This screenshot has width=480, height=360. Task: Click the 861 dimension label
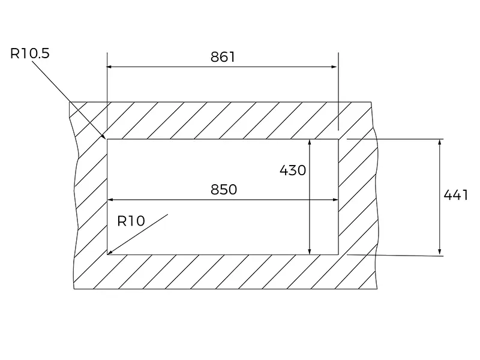pyautogui.click(x=223, y=57)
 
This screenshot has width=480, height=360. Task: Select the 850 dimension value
pyautogui.click(x=224, y=190)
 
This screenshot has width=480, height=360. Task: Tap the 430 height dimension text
pyautogui.click(x=293, y=170)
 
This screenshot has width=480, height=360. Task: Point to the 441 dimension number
pyautogui.click(x=455, y=195)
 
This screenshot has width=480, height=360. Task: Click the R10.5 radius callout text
pyautogui.click(x=30, y=53)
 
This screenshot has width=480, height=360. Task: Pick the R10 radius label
pyautogui.click(x=131, y=221)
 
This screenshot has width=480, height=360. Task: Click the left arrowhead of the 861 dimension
pyautogui.click(x=110, y=67)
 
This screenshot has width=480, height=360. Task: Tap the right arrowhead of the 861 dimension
pyautogui.click(x=335, y=67)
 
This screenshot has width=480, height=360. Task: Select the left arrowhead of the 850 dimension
pyautogui.click(x=110, y=200)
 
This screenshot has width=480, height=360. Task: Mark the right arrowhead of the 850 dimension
pyautogui.click(x=334, y=200)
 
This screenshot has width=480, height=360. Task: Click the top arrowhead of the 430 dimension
pyautogui.click(x=310, y=143)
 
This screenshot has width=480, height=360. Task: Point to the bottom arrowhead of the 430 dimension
pyautogui.click(x=310, y=250)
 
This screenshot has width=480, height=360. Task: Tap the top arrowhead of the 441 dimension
pyautogui.click(x=440, y=143)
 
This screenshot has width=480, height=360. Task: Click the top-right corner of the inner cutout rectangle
pyautogui.click(x=338, y=139)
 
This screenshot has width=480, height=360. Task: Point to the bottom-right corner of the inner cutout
pyautogui.click(x=338, y=254)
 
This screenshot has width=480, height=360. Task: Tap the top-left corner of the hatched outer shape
pyautogui.click(x=70, y=102)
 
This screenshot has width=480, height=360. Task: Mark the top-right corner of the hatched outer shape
pyautogui.click(x=371, y=102)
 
